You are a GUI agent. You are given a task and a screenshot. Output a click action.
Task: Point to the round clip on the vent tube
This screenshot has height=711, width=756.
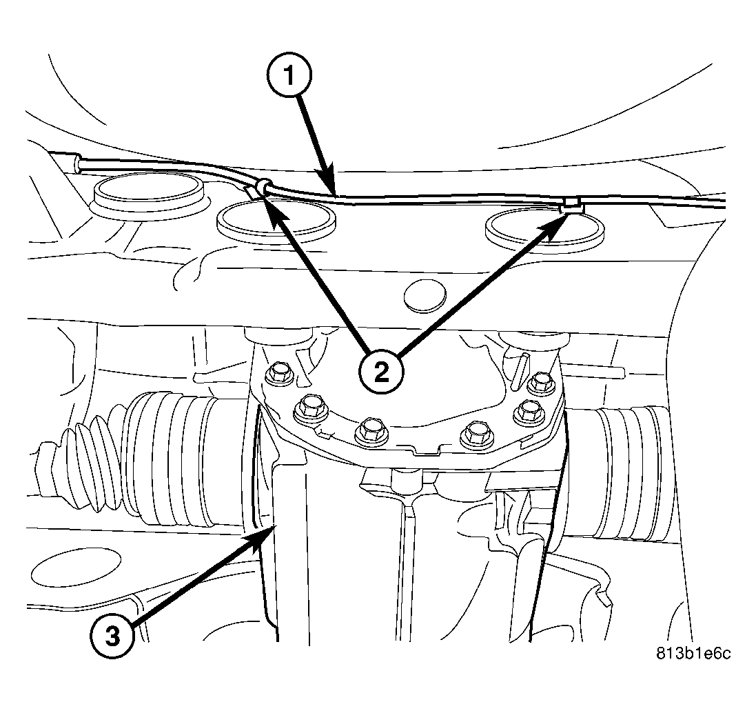pos(263,185)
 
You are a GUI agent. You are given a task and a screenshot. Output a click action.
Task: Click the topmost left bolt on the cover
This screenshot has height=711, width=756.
pos(279,373)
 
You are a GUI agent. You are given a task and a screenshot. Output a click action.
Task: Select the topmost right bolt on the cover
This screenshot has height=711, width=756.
pos(541,381)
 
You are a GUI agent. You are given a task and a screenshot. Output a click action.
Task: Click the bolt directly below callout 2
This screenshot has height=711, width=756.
pos(369,430)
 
